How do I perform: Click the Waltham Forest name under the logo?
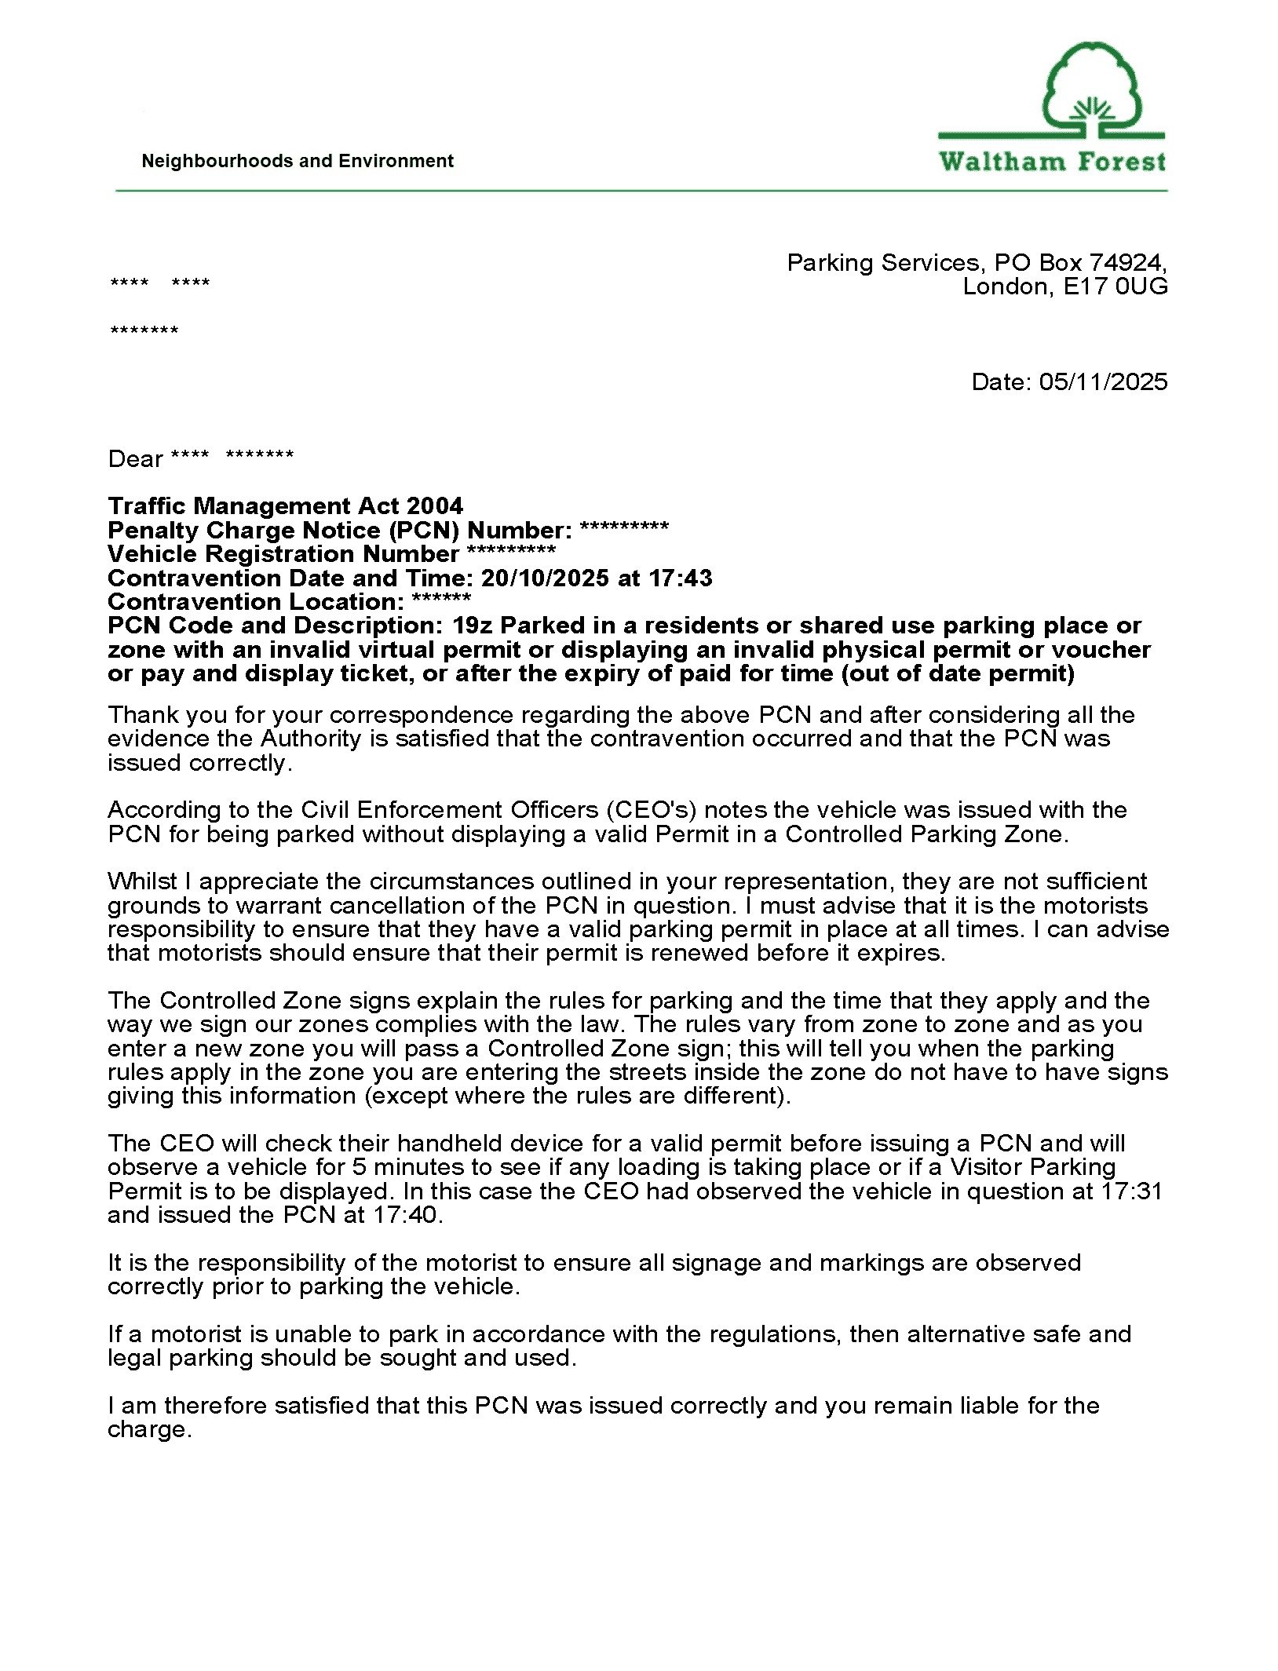pos(1052,162)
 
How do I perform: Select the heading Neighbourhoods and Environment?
pos(297,161)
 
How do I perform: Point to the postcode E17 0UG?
pos(1115,286)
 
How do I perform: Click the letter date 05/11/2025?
pos(1103,381)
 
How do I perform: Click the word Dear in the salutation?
pos(135,458)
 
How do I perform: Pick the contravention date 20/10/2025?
pos(545,578)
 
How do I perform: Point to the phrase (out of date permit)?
pos(958,673)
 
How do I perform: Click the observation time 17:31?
pos(1130,1191)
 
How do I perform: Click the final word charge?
pos(148,1429)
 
